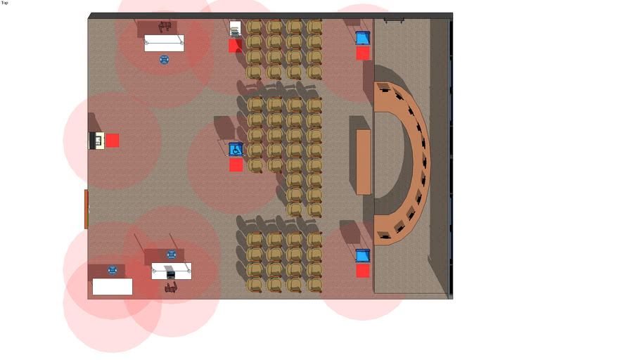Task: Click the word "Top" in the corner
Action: tap(4, 3)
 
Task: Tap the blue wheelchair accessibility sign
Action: tap(236, 149)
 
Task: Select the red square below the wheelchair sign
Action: tap(236, 165)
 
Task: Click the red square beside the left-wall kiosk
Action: tap(113, 141)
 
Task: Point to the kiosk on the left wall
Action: tap(97, 141)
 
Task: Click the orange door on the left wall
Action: tap(86, 209)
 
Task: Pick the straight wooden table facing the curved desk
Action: tap(364, 162)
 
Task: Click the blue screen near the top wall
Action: tap(363, 39)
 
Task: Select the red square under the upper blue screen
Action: tap(363, 53)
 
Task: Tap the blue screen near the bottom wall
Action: tap(363, 256)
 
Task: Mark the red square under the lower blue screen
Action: tap(363, 271)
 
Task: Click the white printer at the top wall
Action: tap(235, 29)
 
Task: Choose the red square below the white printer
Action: tap(236, 46)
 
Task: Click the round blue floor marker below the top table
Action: tap(164, 60)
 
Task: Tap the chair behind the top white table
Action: tap(165, 27)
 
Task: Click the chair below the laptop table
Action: tap(171, 288)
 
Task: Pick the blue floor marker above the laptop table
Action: tap(172, 255)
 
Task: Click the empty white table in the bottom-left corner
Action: tap(113, 287)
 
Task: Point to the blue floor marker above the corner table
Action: tap(113, 270)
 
